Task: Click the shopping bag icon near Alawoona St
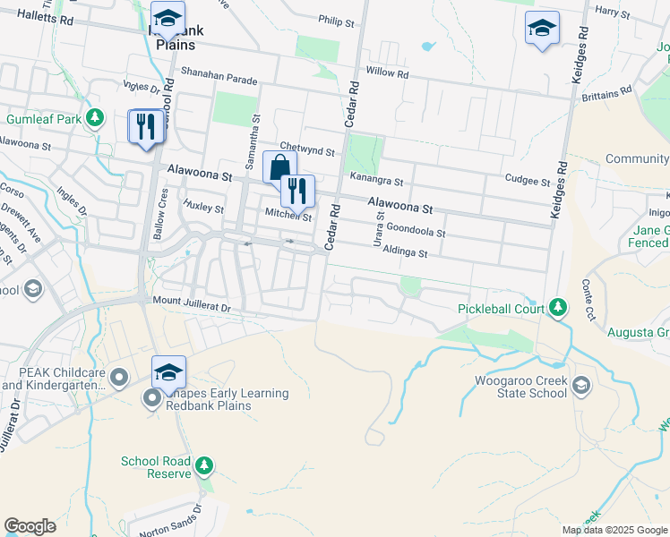[279, 166]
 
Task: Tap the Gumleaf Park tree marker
[94, 119]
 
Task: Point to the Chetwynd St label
[306, 146]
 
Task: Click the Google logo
[30, 526]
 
